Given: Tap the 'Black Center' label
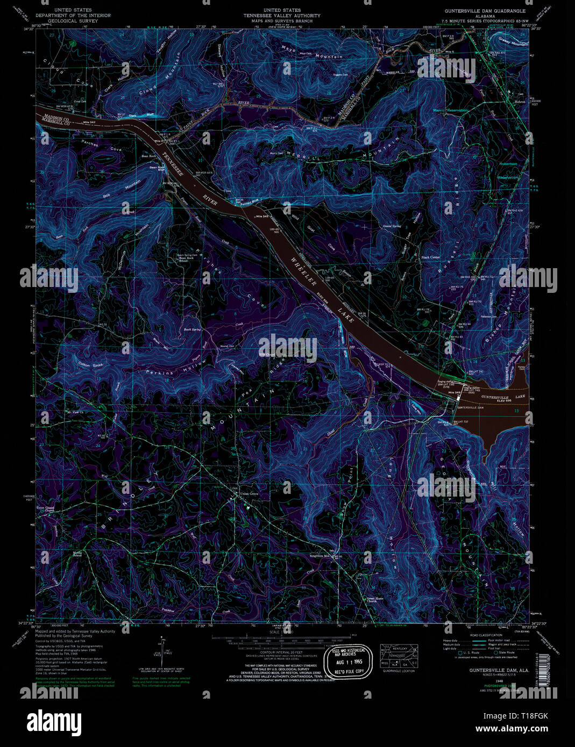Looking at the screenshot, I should click(430, 257).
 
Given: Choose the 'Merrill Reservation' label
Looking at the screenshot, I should click(450, 110).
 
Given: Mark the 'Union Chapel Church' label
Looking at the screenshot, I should click(46, 508).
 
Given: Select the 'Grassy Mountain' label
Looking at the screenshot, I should click(513, 44).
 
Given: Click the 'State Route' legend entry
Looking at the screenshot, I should click(507, 652).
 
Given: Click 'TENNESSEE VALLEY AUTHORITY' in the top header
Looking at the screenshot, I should click(290, 16).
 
